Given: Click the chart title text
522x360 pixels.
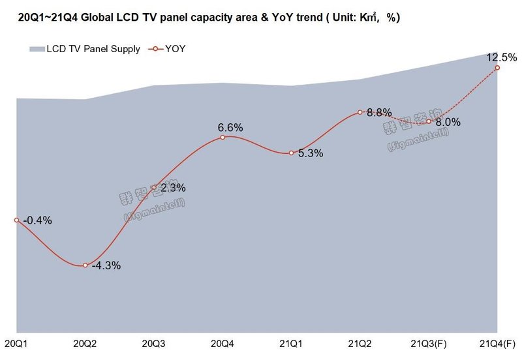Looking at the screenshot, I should tap(207, 17).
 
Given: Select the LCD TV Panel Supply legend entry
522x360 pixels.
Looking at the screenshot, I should tap(85, 49).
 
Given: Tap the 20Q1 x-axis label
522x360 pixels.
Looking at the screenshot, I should tap(16, 343).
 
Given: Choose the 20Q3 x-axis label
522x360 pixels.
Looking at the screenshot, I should tap(154, 343).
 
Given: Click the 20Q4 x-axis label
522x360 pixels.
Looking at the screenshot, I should tap(223, 343).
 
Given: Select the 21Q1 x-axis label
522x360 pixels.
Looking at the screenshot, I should tap(291, 343).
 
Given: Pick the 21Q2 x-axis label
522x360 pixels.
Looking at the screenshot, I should tap(360, 343).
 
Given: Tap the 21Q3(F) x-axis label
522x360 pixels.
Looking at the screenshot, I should tap(427, 343).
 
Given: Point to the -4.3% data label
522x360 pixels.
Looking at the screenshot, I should tap(106, 266).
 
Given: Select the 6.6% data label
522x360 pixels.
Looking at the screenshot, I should tap(230, 127).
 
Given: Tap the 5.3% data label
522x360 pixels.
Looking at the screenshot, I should tap(311, 155).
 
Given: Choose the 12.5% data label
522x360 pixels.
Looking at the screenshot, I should tap(499, 58).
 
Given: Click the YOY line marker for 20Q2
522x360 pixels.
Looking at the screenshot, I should tap(85, 265).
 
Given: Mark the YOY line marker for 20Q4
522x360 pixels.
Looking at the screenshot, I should tap(223, 137).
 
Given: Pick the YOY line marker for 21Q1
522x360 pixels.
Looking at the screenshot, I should tap(291, 153).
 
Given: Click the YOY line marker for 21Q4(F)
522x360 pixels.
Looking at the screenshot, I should tap(497, 67).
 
